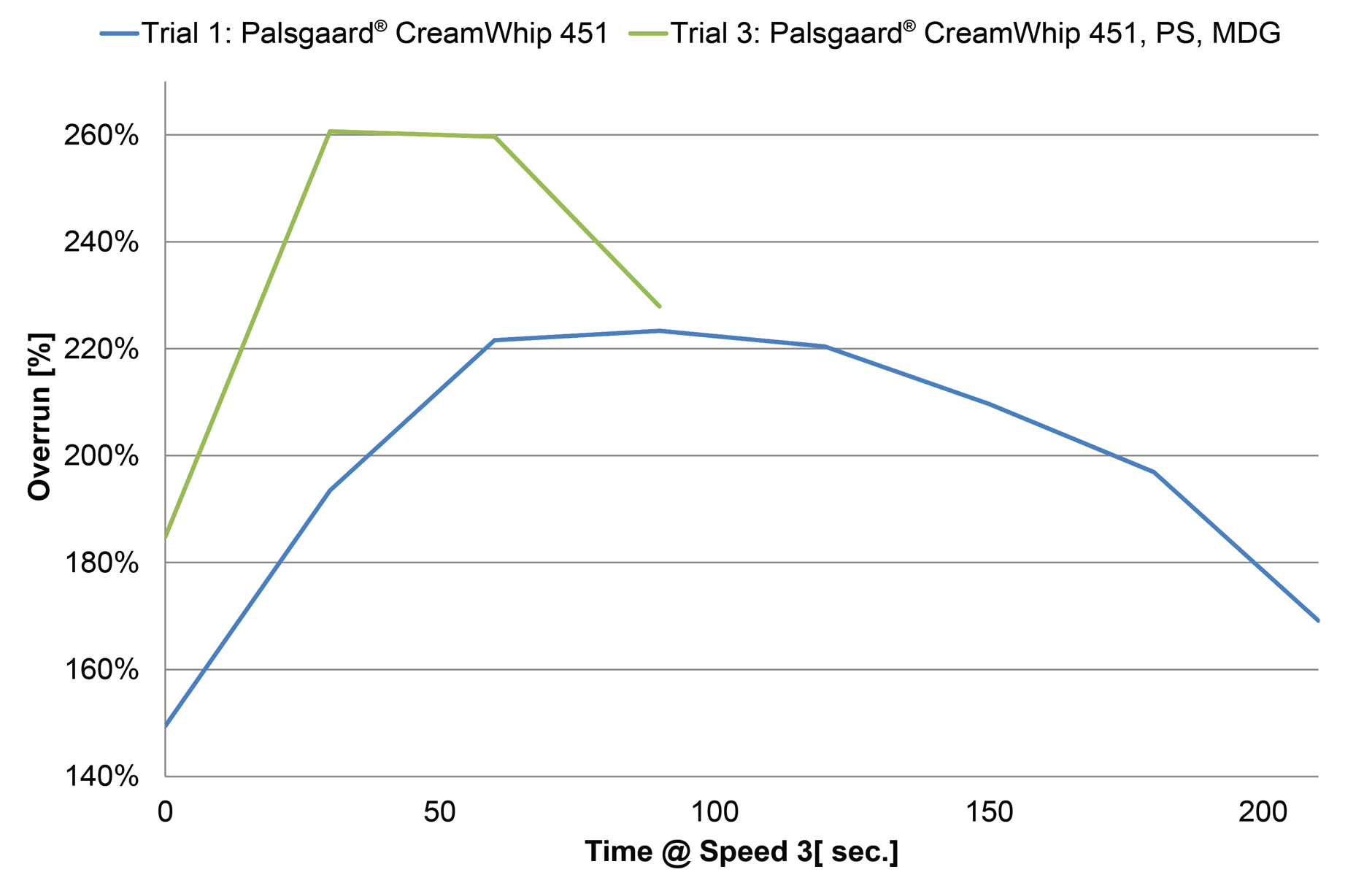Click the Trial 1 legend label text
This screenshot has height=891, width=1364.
pos(374,34)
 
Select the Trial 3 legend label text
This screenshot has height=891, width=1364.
pos(975,34)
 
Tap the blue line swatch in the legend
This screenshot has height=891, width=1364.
pos(119,34)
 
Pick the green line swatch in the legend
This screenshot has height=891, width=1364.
pos(648,34)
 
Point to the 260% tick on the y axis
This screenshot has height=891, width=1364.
pos(101,136)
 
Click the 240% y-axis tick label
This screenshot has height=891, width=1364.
pos(101,242)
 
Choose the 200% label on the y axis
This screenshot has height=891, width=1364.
pos(101,456)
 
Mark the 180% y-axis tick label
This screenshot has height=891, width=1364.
pos(101,563)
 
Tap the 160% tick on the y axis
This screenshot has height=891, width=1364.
pos(101,670)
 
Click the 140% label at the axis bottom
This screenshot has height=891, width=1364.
pos(101,776)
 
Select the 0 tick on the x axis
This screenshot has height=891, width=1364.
pos(166,811)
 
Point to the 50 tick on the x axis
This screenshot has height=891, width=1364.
pos(439,811)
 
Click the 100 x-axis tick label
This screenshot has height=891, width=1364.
pos(714,811)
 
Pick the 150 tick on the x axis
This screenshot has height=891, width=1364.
pos(989,811)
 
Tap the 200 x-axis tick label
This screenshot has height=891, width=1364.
pos(1263,811)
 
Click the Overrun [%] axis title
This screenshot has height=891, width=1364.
pos(39,417)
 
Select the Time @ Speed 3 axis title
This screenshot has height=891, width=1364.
pos(741,852)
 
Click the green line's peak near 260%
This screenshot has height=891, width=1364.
pos(331,131)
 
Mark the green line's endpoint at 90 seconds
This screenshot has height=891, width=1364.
pos(660,306)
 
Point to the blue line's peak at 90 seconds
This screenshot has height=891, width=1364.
pos(660,331)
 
